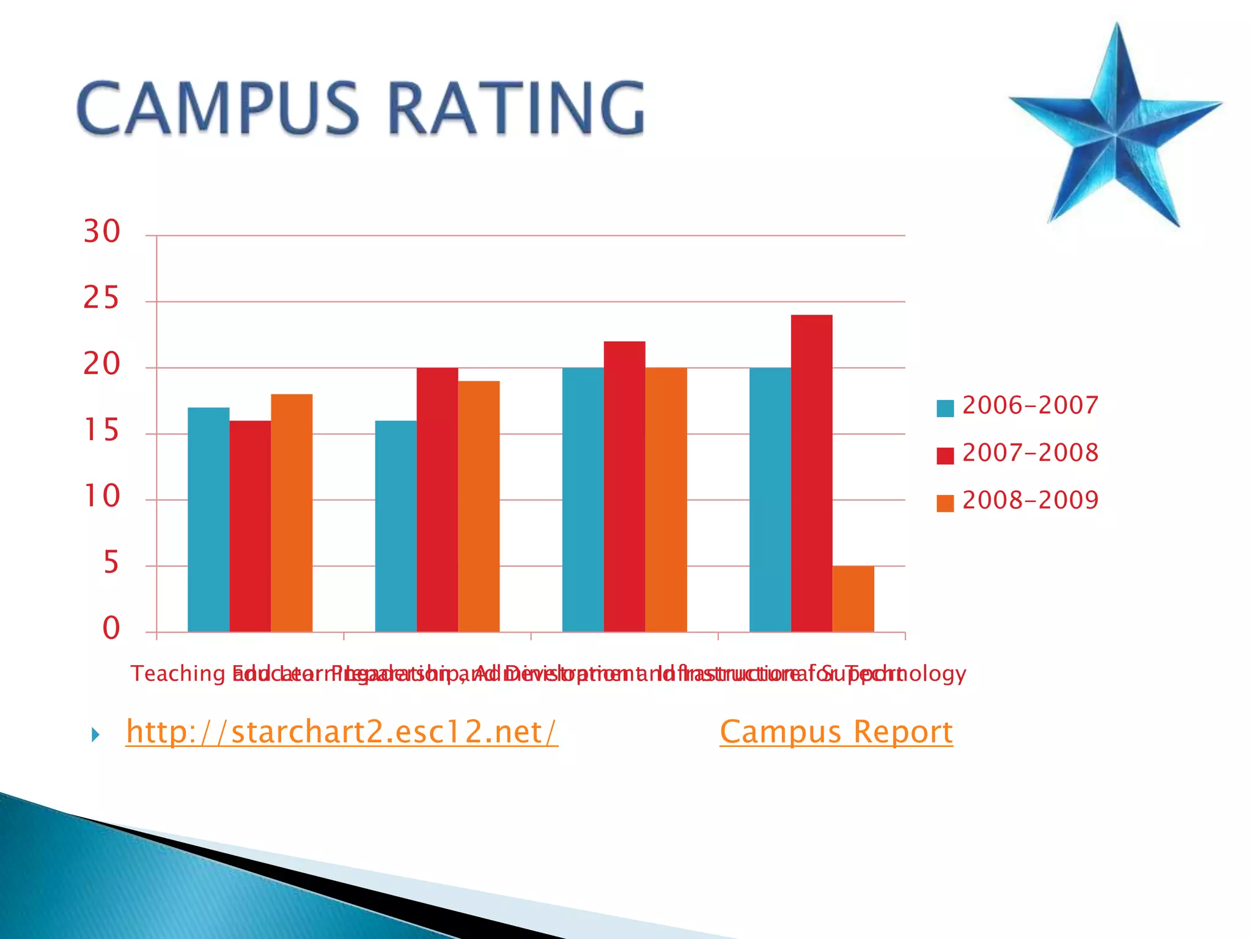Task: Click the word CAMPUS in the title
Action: pyautogui.click(x=218, y=109)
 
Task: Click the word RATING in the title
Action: pyautogui.click(x=517, y=109)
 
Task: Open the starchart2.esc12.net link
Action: pyautogui.click(x=342, y=732)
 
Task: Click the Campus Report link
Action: pyautogui.click(x=836, y=732)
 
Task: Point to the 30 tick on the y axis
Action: pyautogui.click(x=101, y=232)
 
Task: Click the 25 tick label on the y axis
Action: pyautogui.click(x=101, y=299)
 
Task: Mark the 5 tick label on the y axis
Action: pyautogui.click(x=111, y=563)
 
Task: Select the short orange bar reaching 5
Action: pyautogui.click(x=853, y=599)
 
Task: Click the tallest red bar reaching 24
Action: pyautogui.click(x=811, y=474)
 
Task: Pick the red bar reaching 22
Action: pyautogui.click(x=624, y=487)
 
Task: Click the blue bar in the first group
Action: pyautogui.click(x=208, y=520)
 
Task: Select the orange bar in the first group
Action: pyautogui.click(x=292, y=514)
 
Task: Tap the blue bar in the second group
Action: pyautogui.click(x=396, y=526)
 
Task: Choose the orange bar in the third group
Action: pyautogui.click(x=666, y=500)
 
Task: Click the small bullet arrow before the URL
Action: pyautogui.click(x=95, y=735)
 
